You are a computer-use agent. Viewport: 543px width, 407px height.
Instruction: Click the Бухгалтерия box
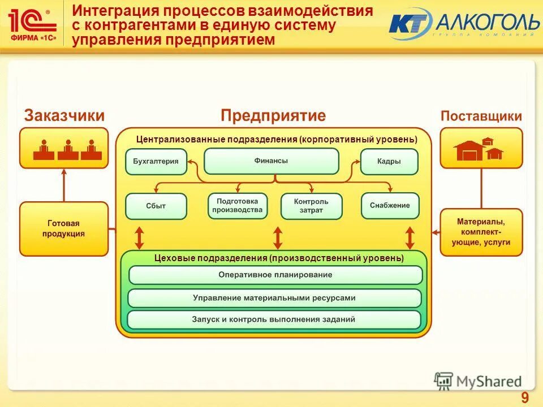coord(156,161)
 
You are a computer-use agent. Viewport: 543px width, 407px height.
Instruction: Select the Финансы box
coord(271,161)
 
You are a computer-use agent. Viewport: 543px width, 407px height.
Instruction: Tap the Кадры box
coord(389,161)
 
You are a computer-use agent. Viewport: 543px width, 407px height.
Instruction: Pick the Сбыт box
coord(156,206)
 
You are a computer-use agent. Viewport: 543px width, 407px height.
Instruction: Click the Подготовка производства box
coord(237,206)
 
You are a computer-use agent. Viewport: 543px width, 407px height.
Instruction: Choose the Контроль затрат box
coord(311,206)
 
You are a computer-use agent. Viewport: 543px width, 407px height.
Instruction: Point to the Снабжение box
coord(390,206)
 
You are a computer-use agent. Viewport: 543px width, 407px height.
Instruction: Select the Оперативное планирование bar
coord(275,275)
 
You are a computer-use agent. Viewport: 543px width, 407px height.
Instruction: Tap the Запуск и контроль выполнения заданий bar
coord(274,319)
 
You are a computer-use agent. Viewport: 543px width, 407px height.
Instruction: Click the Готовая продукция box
coord(63,228)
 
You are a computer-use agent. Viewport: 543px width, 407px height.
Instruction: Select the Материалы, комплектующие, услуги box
coord(481,232)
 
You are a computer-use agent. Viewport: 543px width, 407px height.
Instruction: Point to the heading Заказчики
coord(64,116)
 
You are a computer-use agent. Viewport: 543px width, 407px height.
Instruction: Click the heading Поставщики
coord(481,116)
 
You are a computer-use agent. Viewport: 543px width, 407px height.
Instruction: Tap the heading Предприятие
coord(273,116)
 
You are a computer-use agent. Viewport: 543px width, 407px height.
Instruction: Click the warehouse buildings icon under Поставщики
coord(479,149)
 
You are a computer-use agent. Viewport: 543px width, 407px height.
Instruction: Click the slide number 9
coord(525,397)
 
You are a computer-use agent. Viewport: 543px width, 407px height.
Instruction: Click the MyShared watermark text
coord(489,382)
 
